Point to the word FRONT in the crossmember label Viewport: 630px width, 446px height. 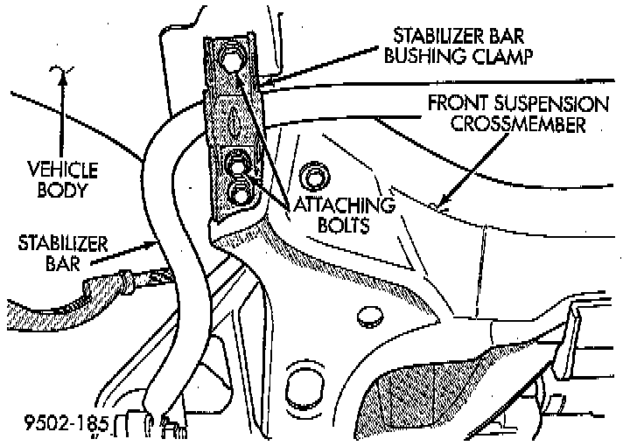(460, 104)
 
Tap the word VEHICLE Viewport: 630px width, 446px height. (60, 169)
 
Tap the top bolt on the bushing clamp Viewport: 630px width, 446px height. (231, 61)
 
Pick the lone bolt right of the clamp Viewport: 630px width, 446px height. (311, 178)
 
